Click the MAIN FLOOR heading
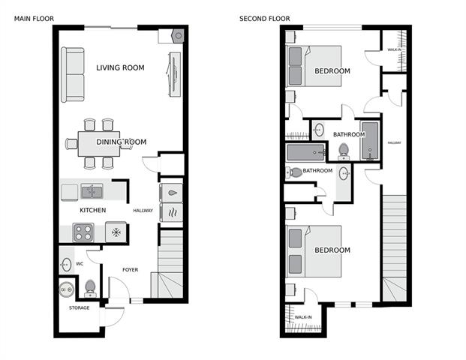[35, 19]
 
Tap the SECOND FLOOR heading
[265, 19]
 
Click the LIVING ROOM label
[120, 67]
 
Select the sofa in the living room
[73, 74]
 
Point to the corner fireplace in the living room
[178, 36]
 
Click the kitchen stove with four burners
[83, 232]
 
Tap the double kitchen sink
[92, 191]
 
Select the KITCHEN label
[93, 210]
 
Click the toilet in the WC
[90, 289]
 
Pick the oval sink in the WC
[66, 264]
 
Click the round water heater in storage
[66, 289]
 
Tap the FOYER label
[131, 270]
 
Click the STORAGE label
[79, 308]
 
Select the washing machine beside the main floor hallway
[171, 193]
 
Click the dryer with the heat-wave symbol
[171, 212]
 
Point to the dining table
[99, 144]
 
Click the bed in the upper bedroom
[314, 66]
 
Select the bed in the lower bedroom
[314, 251]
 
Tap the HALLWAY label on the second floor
[395, 142]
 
